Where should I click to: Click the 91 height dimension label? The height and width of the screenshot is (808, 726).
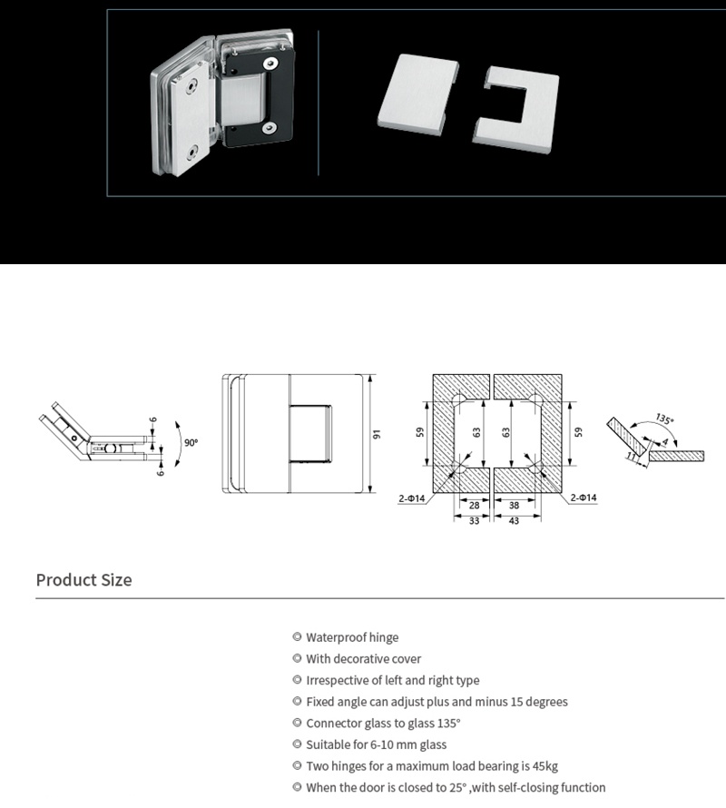point(377,434)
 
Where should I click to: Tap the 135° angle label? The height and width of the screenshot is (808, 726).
point(664,419)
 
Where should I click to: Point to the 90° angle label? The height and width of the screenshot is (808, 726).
point(191,443)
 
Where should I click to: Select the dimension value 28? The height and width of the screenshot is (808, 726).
point(474,506)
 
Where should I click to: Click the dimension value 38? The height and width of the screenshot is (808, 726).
point(515,506)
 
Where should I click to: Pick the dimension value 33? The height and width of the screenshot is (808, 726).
point(474,521)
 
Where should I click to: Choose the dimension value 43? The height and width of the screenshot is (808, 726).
point(515,521)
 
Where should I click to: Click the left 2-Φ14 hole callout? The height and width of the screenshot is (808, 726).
point(412,498)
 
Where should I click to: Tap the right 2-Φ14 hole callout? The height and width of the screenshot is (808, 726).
point(584,498)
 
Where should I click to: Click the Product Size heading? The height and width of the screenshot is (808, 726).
point(84,580)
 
